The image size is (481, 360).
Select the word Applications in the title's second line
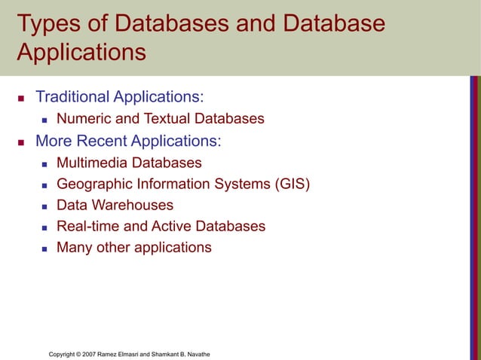[81, 53]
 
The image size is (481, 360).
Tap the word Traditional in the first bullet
[72, 97]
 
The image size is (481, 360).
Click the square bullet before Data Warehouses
[44, 206]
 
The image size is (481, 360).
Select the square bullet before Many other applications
[44, 248]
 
